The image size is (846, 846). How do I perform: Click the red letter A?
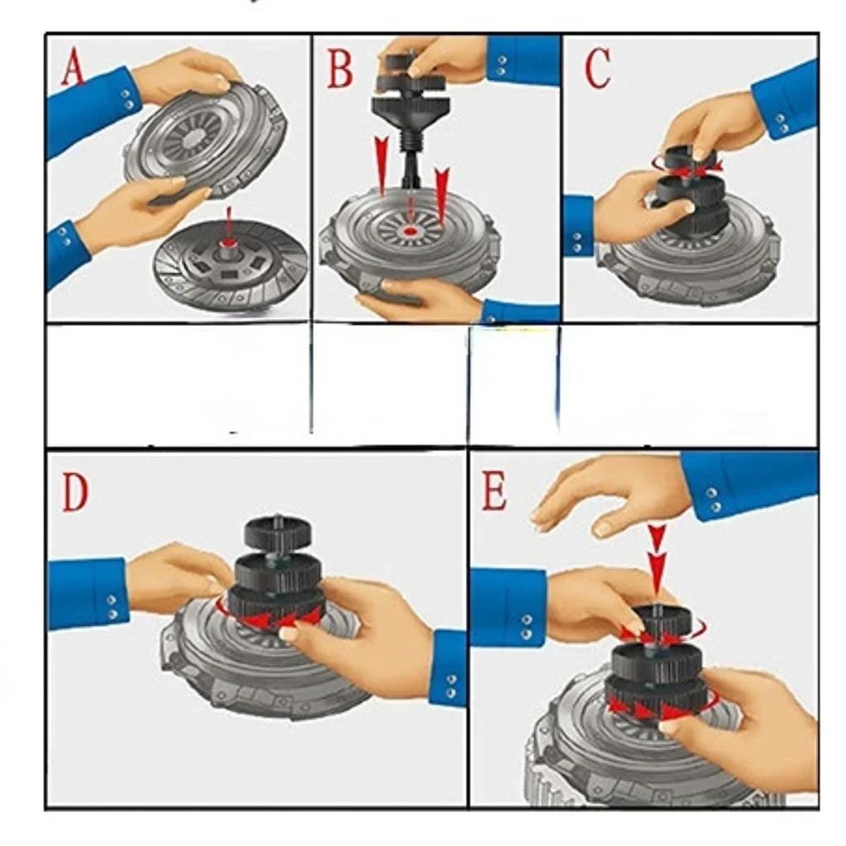click(x=74, y=68)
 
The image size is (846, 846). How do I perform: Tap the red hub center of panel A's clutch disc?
click(x=229, y=246)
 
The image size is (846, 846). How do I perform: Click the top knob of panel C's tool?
click(x=690, y=156)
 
